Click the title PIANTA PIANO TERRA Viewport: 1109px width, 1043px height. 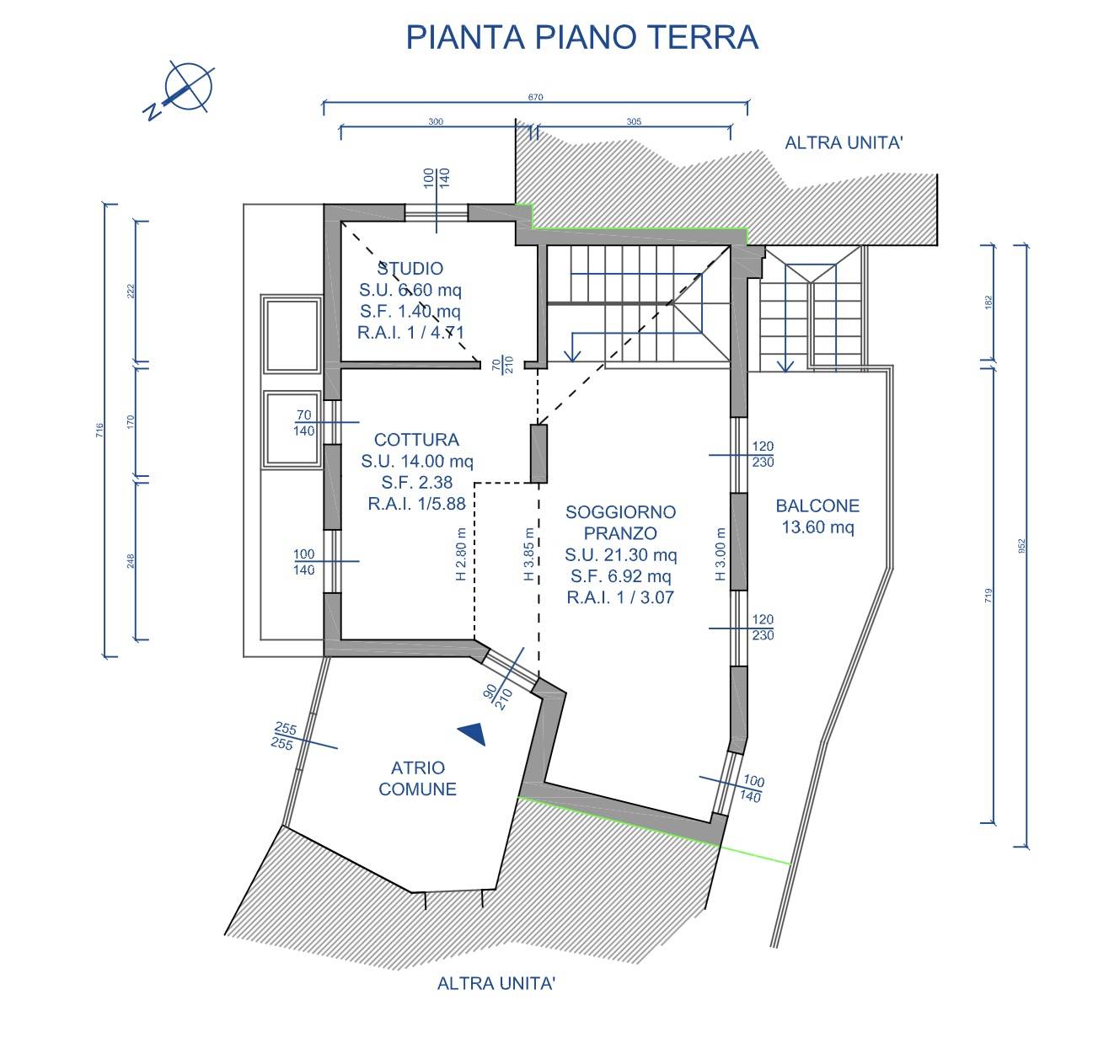[x=581, y=37]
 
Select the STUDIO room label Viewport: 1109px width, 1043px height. [x=410, y=269]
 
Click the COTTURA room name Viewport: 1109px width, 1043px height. [x=416, y=440]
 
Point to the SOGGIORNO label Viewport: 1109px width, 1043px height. [x=620, y=512]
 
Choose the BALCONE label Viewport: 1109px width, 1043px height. [x=817, y=505]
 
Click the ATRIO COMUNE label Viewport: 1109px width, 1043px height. [x=417, y=778]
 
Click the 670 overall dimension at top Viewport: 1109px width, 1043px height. [x=535, y=97]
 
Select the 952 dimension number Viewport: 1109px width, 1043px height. [x=1022, y=545]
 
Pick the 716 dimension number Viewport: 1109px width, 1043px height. [x=99, y=430]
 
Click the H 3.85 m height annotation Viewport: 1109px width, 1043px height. [x=528, y=554]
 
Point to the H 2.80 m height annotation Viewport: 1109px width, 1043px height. [x=460, y=554]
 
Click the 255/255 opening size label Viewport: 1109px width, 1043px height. [x=284, y=736]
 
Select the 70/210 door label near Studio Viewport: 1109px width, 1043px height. [x=502, y=365]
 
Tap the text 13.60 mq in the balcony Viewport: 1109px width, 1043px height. [x=817, y=527]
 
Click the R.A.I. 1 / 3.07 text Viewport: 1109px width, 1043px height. [x=620, y=597]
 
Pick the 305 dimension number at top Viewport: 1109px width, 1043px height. [x=634, y=121]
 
